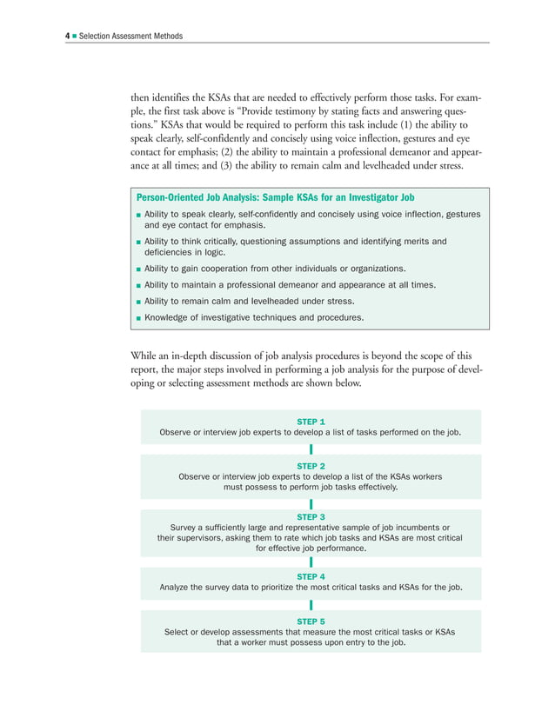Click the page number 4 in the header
point(68,36)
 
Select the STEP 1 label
point(311,421)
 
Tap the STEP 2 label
point(311,466)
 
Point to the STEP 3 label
point(311,516)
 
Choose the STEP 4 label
point(311,576)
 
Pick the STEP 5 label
point(311,621)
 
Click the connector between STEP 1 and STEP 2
point(311,449)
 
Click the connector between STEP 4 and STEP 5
point(311,605)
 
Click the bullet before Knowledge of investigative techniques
point(138,319)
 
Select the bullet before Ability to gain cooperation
point(138,269)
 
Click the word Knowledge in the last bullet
point(167,318)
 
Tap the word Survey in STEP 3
point(184,528)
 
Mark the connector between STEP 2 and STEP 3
point(311,504)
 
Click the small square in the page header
point(75,36)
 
